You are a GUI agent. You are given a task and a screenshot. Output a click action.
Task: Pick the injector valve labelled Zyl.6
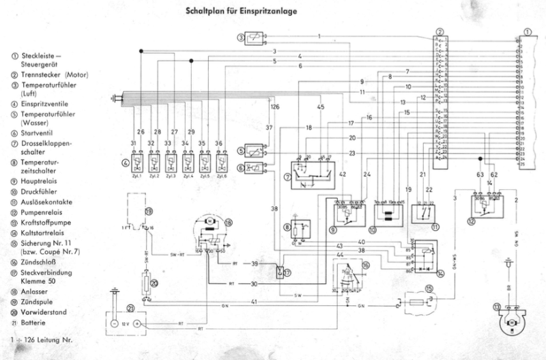click(x=219, y=163)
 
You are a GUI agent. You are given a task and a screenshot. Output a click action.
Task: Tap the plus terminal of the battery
click(x=137, y=324)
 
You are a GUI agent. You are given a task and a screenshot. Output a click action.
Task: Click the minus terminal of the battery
click(x=115, y=324)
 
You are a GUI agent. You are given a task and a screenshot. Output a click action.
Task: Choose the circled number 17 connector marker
click(x=287, y=272)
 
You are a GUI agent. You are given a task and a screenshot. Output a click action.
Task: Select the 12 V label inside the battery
click(x=126, y=324)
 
